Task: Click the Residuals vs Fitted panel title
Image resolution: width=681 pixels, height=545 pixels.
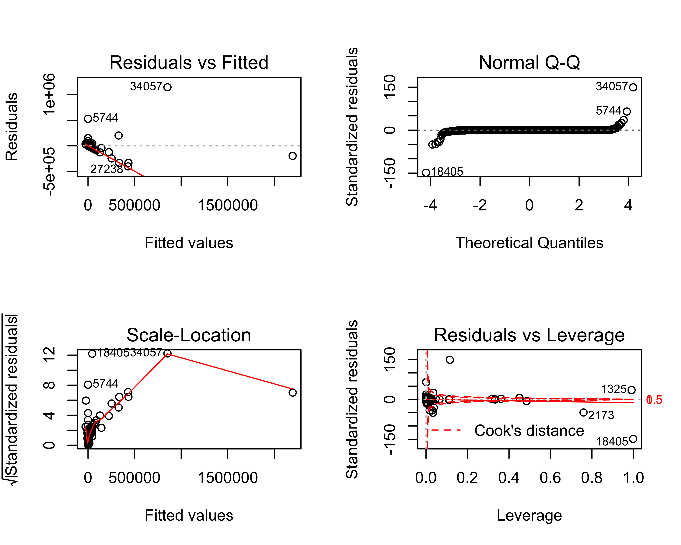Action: click(x=189, y=63)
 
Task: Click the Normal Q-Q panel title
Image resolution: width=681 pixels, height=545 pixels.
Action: click(x=529, y=63)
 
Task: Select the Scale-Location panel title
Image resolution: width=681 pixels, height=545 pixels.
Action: click(x=189, y=335)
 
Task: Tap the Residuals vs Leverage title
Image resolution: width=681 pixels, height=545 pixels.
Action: click(x=529, y=335)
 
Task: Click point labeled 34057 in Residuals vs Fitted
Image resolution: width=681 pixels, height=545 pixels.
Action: click(x=168, y=87)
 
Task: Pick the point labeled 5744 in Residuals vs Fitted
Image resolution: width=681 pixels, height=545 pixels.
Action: click(x=88, y=118)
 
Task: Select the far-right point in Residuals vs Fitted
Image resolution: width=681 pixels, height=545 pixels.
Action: click(x=292, y=156)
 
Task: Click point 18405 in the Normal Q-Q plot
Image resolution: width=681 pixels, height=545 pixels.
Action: click(x=426, y=173)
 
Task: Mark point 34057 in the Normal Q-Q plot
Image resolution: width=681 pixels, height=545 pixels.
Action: click(x=633, y=87)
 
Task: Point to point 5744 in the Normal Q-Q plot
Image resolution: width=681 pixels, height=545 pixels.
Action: click(x=627, y=111)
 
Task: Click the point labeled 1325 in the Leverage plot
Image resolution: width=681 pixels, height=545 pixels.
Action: click(x=631, y=390)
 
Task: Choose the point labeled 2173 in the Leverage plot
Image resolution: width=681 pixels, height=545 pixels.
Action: click(x=583, y=412)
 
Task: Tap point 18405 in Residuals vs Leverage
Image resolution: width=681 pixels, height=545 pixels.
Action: click(x=633, y=439)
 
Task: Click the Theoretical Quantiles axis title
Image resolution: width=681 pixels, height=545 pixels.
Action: click(x=529, y=243)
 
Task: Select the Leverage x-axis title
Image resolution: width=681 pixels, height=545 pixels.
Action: click(x=529, y=515)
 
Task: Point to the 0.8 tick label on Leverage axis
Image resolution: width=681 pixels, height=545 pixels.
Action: click(x=592, y=478)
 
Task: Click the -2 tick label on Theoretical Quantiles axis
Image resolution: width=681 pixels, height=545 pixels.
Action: click(x=480, y=205)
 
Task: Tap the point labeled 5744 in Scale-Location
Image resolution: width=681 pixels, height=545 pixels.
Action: click(x=88, y=385)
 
